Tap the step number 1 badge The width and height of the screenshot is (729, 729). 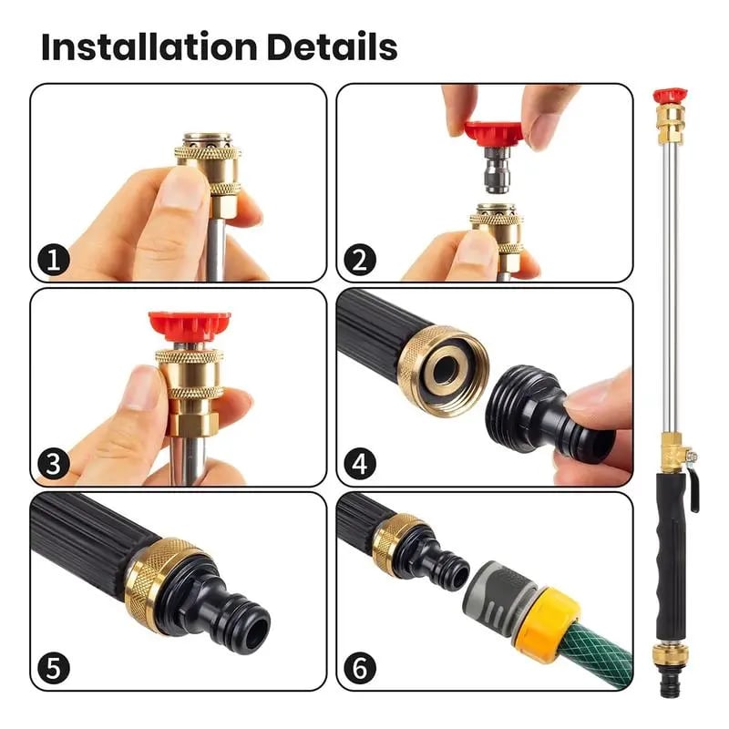(54, 261)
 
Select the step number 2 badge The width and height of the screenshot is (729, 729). (360, 261)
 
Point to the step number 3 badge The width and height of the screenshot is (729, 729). (54, 465)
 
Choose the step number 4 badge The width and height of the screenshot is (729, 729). (360, 465)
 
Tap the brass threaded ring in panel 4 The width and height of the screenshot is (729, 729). (442, 369)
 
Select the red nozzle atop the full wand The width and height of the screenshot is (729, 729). (669, 95)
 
